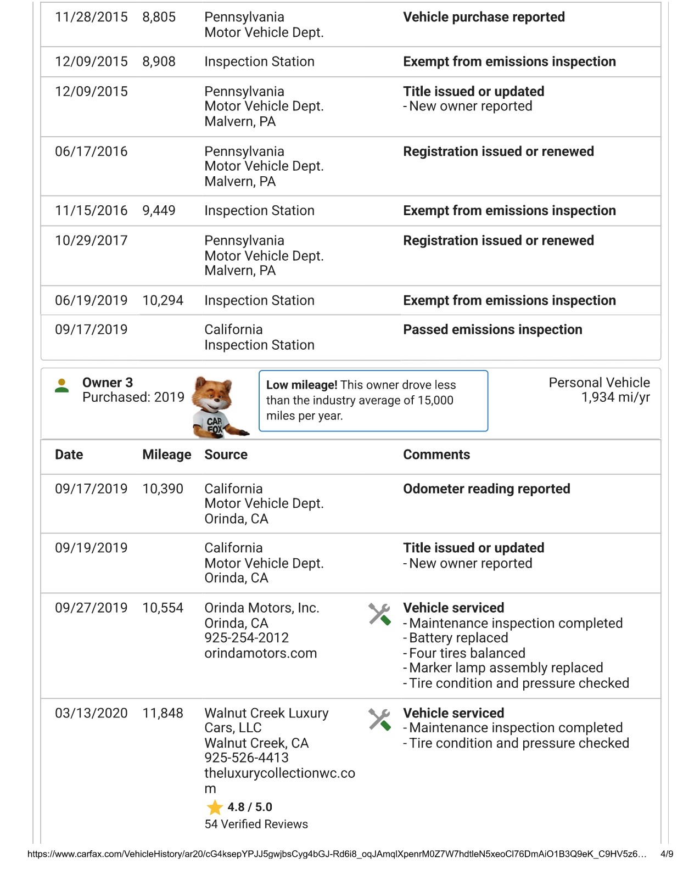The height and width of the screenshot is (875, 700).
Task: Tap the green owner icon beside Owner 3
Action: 62,385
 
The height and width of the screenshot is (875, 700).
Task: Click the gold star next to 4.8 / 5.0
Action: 215,807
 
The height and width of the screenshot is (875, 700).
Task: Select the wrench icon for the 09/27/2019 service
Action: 379,614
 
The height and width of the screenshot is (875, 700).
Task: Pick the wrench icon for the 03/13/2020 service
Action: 379,719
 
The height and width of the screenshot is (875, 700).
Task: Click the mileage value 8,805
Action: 159,18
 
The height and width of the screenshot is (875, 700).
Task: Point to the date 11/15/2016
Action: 91,211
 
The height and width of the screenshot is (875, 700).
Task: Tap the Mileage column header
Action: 166,455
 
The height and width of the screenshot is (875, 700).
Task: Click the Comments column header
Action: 436,455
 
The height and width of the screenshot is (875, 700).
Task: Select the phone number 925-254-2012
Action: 247,638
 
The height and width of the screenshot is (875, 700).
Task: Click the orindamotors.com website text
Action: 261,653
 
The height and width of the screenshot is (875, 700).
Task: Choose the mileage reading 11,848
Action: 163,713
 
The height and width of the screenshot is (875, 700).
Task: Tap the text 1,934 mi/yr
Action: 615,397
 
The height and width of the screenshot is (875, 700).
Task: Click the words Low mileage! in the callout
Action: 301,385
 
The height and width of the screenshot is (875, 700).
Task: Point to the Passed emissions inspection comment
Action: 492,330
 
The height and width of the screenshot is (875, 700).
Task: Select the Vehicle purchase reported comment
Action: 484,18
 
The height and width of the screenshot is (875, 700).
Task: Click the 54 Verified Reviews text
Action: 256,824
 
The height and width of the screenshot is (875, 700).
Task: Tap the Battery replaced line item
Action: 458,638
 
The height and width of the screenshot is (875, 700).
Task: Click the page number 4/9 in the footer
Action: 667,854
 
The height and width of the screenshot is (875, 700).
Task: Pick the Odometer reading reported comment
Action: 486,489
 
